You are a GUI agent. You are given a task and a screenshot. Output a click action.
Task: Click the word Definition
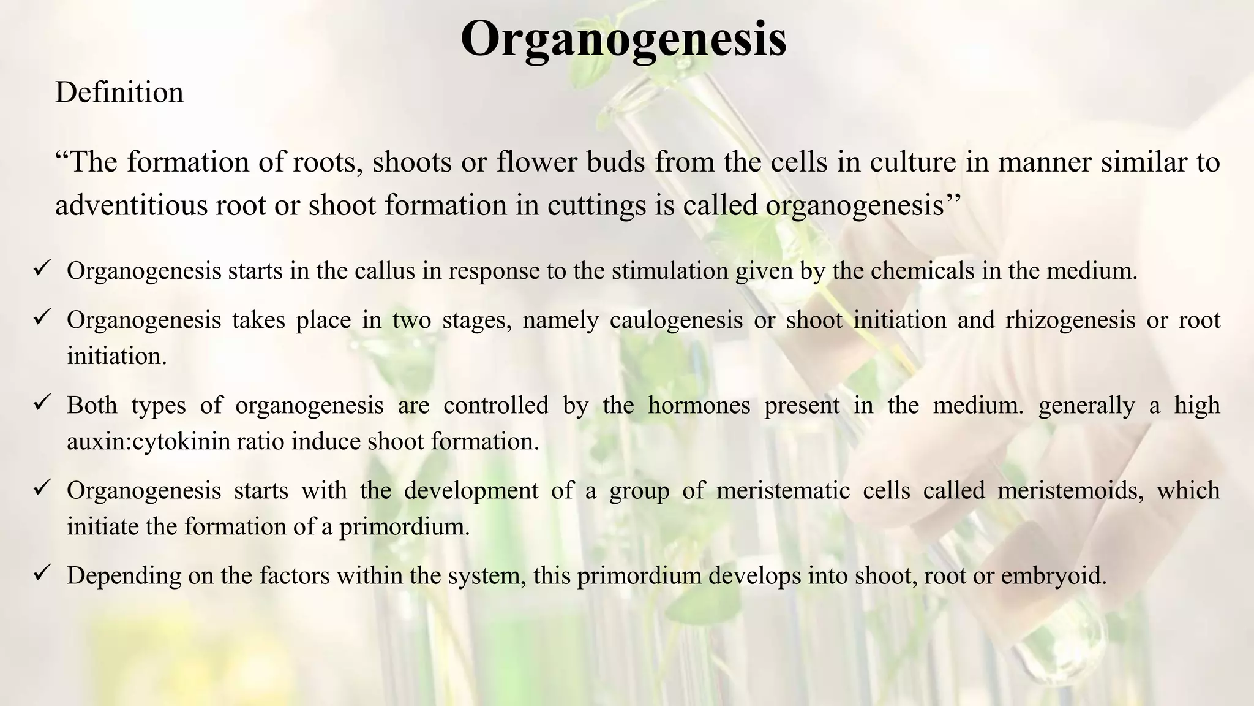[x=119, y=93]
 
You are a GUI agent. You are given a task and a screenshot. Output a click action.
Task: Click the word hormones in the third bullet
[x=699, y=406]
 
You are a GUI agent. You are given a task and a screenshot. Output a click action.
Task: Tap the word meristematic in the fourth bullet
[x=783, y=491]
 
